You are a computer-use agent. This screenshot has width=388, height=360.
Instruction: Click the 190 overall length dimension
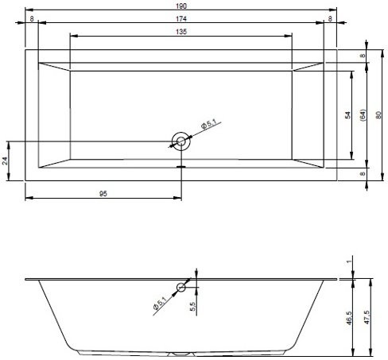pos(181,6)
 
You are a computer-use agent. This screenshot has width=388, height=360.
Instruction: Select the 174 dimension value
pos(181,19)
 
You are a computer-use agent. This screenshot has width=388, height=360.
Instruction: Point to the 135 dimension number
pos(181,32)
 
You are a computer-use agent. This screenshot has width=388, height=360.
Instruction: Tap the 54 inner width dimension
pos(347,115)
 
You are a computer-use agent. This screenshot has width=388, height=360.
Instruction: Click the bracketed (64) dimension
pos(363,115)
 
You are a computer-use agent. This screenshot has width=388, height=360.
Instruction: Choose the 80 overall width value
pos(378,115)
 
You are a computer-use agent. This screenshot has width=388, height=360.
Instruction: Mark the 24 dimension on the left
pos(5,161)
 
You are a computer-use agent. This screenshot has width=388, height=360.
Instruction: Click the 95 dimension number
pos(103,194)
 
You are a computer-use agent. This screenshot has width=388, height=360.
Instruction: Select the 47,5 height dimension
pos(367,318)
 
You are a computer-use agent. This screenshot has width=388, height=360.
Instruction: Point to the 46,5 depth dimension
pos(349,318)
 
